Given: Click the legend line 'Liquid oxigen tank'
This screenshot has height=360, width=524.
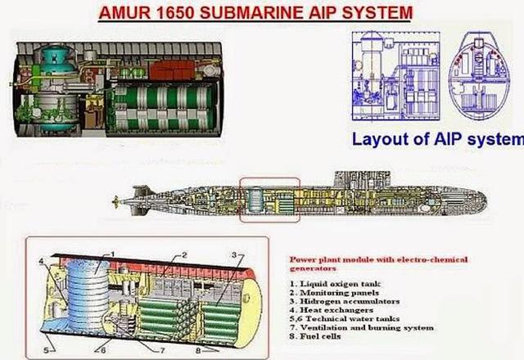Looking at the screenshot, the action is (335, 284).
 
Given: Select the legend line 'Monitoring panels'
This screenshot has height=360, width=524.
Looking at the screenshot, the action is (335, 293).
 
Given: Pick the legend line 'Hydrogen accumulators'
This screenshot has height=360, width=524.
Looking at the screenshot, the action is (345, 301).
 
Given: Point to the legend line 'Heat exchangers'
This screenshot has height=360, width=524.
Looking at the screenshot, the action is (332, 310).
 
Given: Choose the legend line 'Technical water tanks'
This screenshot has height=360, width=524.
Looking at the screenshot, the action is (345, 319).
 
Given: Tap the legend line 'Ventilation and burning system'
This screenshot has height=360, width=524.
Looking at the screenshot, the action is (362, 327).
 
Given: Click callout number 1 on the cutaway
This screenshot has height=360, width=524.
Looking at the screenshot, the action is (113, 254).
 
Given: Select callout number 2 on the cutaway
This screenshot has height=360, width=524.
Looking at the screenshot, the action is (184, 255).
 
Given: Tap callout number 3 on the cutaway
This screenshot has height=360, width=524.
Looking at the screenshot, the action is (234, 254).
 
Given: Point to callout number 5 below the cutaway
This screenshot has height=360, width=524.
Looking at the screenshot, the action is (47, 350).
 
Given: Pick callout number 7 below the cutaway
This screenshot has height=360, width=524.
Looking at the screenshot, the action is (162, 351).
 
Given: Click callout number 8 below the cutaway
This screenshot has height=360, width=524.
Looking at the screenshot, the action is (198, 351).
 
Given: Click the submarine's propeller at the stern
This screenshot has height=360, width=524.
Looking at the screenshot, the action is (116, 200).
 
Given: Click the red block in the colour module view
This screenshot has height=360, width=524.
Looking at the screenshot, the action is (172, 70).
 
